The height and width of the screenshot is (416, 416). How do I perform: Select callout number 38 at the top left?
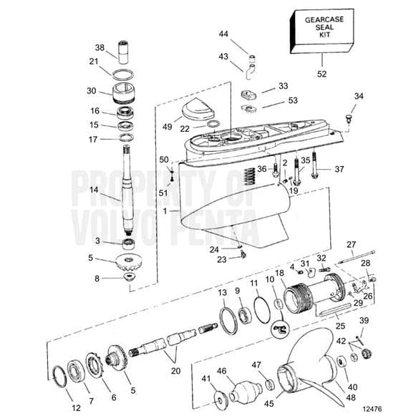point(100,47)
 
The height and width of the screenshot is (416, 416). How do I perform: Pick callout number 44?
point(223,34)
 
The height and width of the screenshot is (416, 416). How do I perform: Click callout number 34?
point(359,96)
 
